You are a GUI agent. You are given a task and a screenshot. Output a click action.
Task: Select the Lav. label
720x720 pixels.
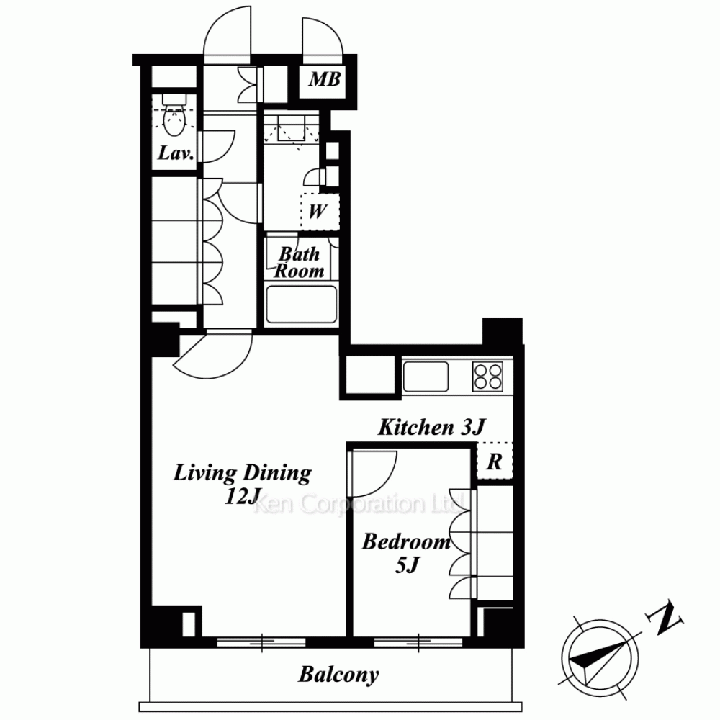[176, 153]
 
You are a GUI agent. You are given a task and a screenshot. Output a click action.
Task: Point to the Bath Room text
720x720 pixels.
[300, 262]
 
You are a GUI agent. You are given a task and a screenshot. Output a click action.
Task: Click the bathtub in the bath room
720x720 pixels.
[301, 305]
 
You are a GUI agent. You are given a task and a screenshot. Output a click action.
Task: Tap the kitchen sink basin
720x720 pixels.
[426, 377]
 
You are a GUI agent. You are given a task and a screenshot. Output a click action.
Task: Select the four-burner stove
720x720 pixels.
[487, 377]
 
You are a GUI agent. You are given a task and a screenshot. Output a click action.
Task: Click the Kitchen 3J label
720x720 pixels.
[431, 427]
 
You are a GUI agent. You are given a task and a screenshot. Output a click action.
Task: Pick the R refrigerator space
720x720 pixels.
[495, 461]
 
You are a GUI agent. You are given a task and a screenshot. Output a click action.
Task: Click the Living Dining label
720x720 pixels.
[243, 473]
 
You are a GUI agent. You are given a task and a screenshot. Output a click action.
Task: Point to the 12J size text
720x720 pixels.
[243, 496]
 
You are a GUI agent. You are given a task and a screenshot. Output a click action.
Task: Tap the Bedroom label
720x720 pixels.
[406, 542]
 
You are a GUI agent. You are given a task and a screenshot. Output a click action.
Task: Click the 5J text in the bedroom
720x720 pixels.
[407, 564]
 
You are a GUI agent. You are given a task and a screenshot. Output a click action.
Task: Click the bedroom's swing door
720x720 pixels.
[372, 473]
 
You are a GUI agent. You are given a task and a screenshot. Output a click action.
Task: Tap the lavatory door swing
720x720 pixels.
[217, 147]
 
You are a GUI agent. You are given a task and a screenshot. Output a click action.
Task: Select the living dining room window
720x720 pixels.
[261, 642]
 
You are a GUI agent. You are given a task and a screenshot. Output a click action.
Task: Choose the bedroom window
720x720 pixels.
[418, 642]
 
